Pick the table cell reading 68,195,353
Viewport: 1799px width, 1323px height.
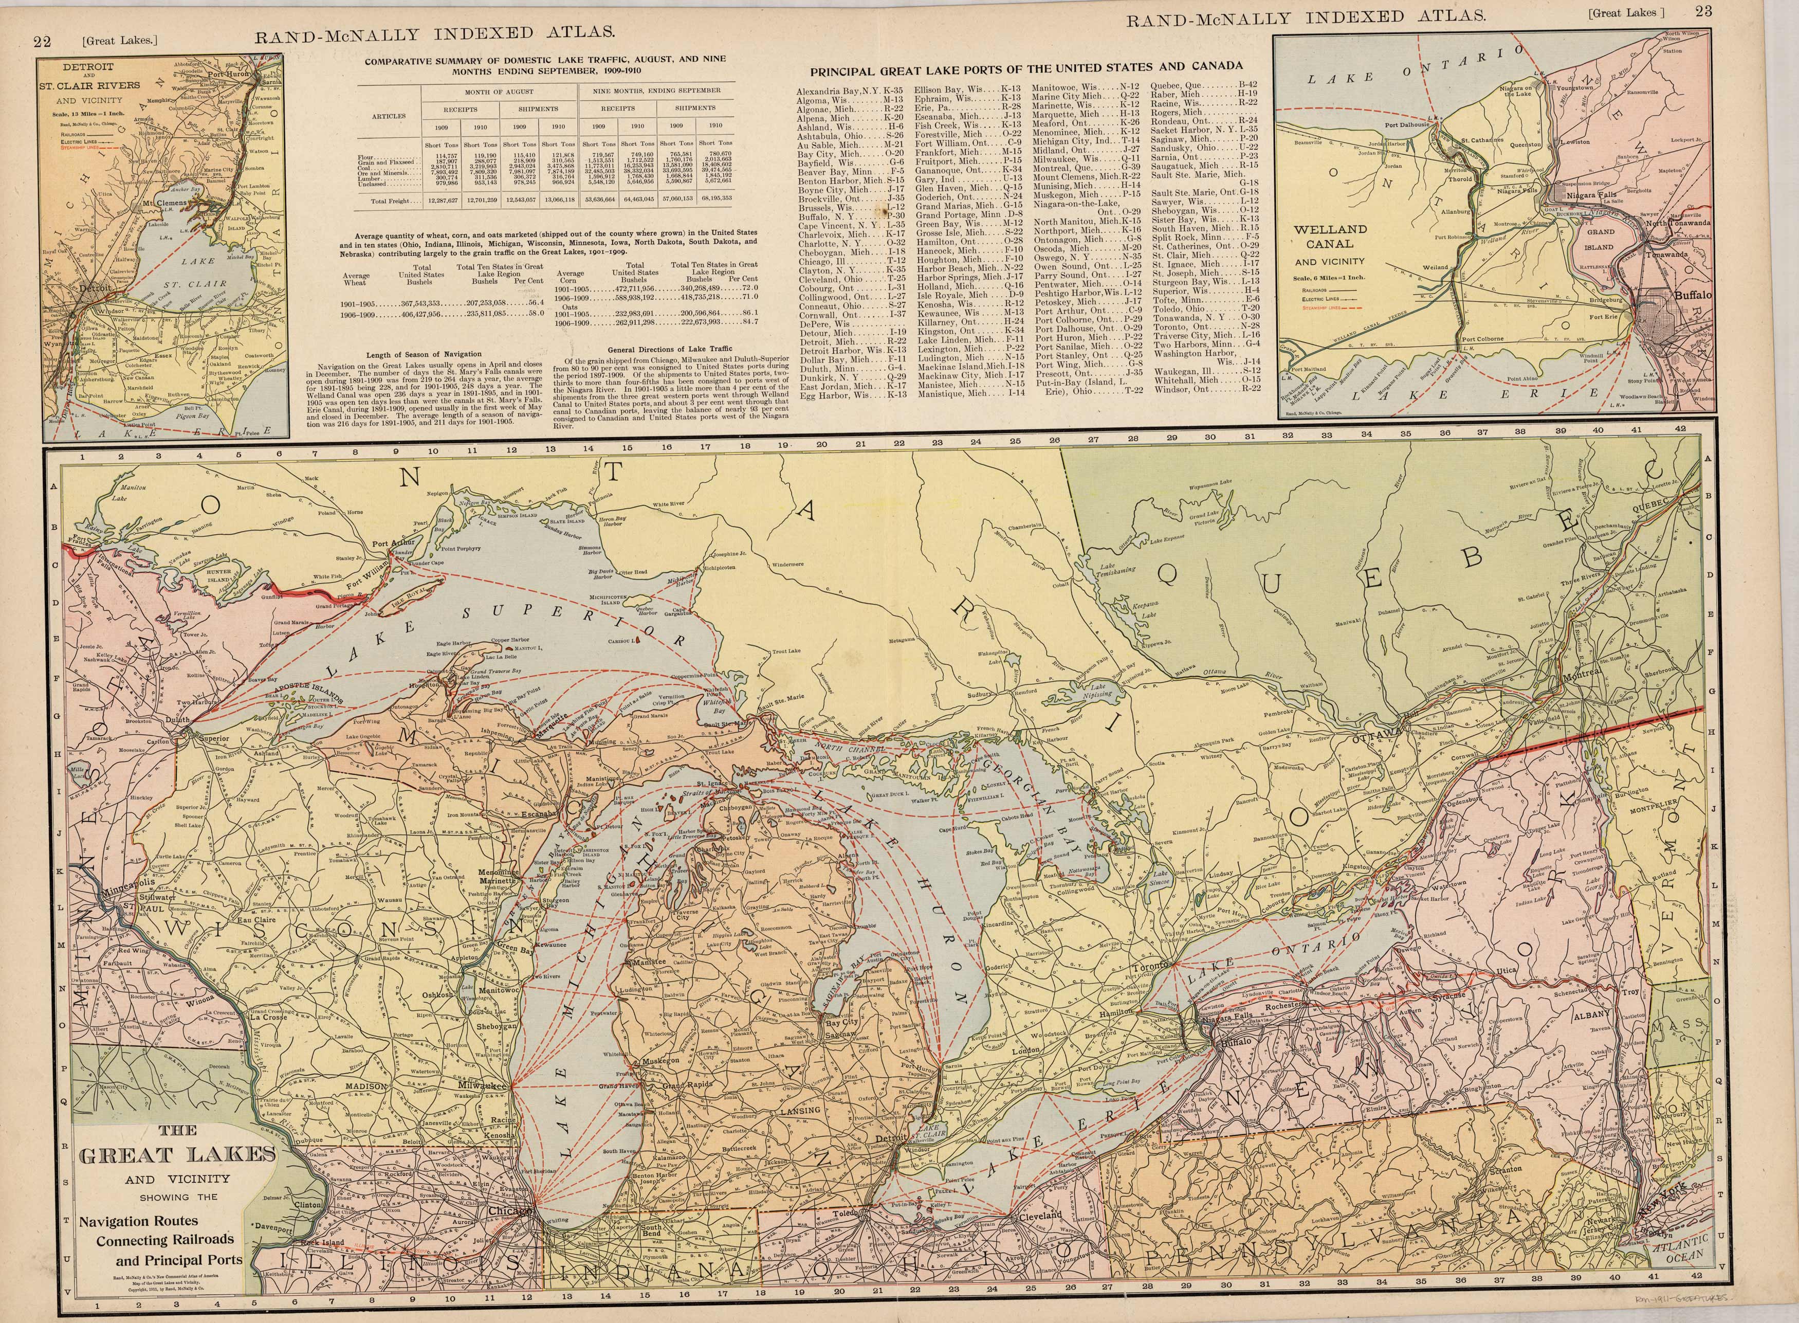click(x=717, y=198)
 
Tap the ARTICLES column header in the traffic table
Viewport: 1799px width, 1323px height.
click(x=388, y=115)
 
